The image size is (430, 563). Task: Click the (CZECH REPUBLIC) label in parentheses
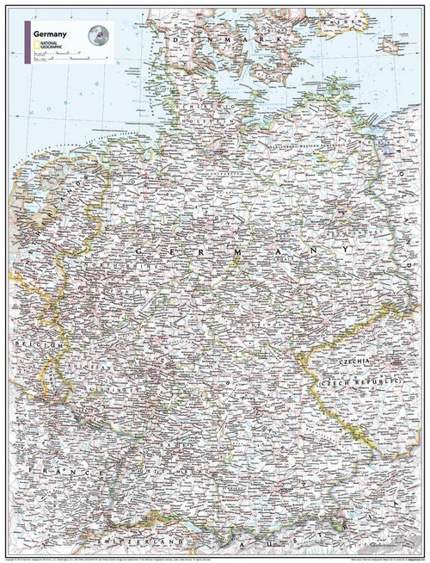tap(362, 380)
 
